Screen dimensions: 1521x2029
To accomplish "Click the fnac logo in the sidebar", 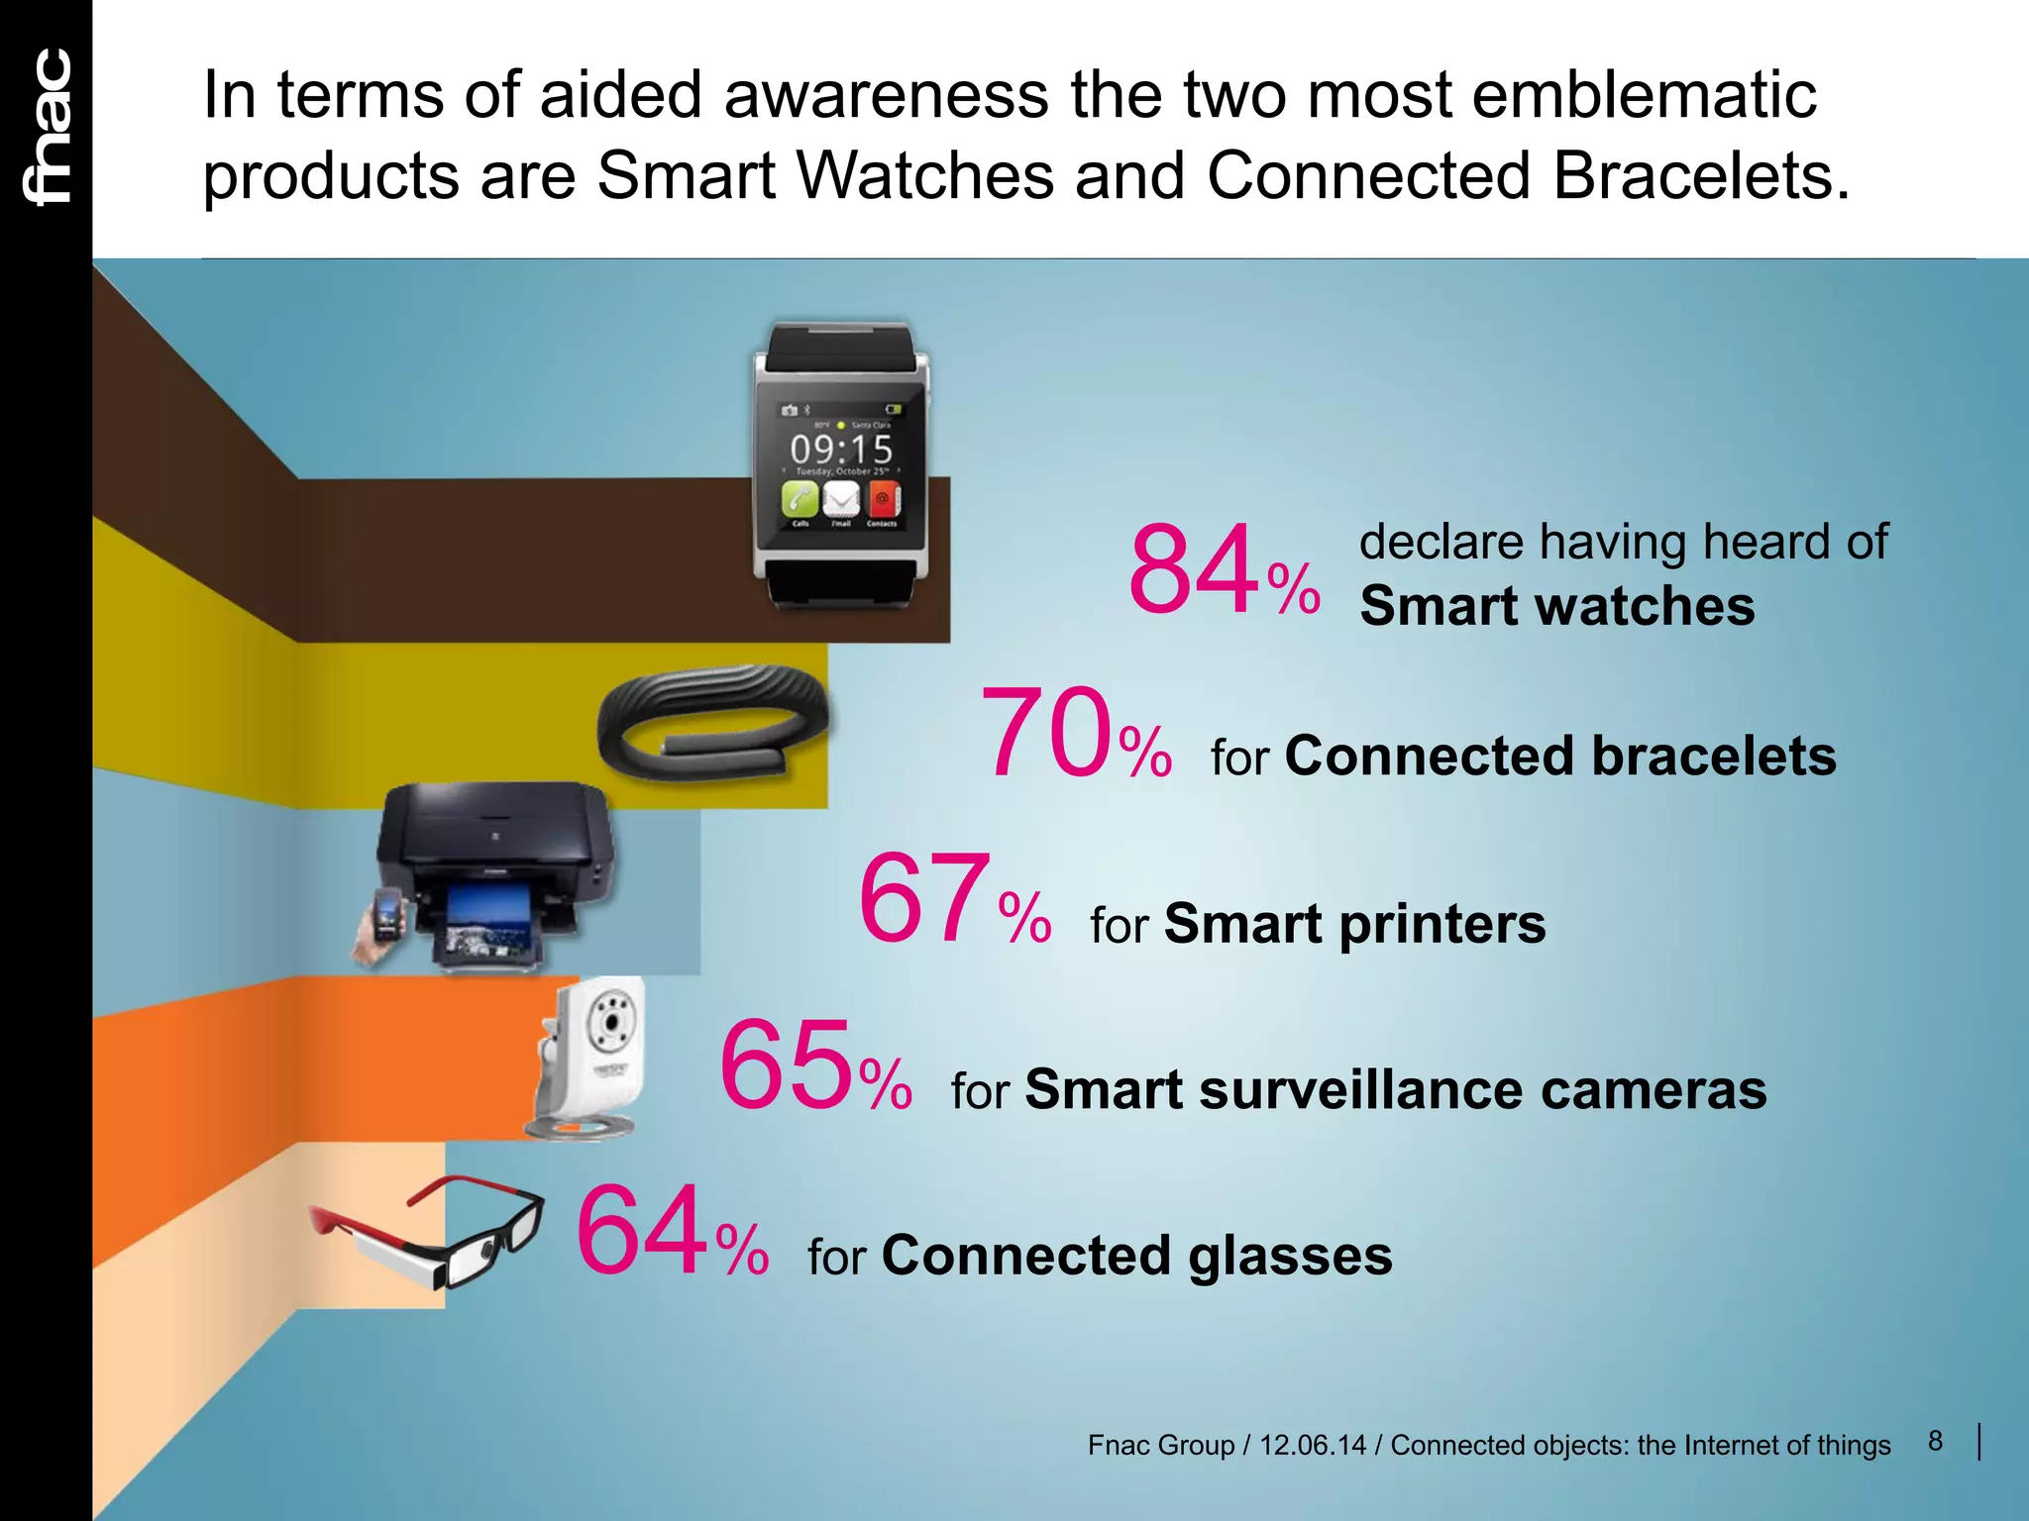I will [48, 127].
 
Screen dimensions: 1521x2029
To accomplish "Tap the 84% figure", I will [1223, 571].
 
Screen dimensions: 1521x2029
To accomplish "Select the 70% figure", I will [1075, 735].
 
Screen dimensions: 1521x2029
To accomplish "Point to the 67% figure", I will [953, 901].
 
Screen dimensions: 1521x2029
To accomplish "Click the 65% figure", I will [814, 1067].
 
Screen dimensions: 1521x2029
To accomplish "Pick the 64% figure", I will [672, 1233].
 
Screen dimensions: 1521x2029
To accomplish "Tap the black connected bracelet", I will [711, 721].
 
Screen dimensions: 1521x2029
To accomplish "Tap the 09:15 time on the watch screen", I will [841, 450].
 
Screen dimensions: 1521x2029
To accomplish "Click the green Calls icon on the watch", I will [800, 498].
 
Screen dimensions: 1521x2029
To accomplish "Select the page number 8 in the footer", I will [1935, 1441].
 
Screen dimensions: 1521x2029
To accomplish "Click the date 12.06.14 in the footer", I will [1312, 1446].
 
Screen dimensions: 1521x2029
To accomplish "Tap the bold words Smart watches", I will [1556, 606].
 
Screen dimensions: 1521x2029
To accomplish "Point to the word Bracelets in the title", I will [1700, 176].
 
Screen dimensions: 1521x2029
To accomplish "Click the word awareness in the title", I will [886, 95].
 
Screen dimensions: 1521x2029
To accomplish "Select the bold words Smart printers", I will [1354, 924].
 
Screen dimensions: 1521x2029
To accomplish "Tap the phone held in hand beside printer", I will [385, 916].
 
